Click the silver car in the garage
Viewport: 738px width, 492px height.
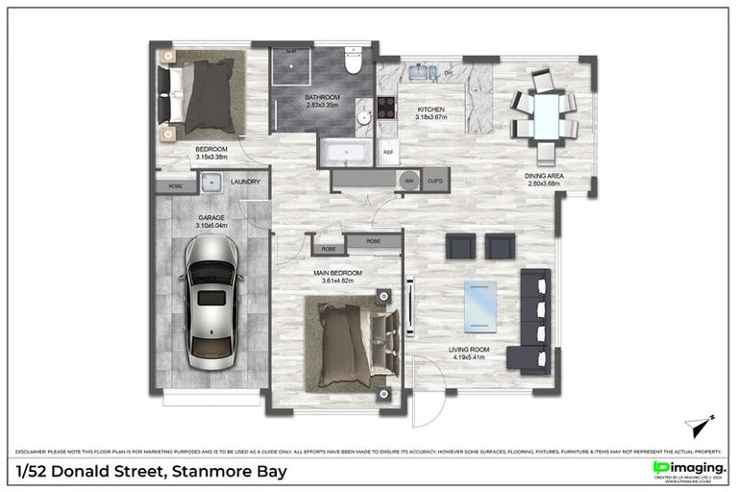[210, 304]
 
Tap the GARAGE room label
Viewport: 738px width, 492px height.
[211, 218]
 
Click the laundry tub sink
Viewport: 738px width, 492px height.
[211, 182]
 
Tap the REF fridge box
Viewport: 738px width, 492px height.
[388, 152]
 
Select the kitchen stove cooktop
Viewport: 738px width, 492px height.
[386, 109]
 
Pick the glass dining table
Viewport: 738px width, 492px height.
[546, 115]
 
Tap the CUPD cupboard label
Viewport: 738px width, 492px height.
[435, 180]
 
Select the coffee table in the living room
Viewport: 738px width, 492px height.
[480, 305]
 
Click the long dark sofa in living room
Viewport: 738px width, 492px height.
[534, 320]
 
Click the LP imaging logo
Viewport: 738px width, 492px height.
[688, 468]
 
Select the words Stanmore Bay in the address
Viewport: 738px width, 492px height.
[228, 472]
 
